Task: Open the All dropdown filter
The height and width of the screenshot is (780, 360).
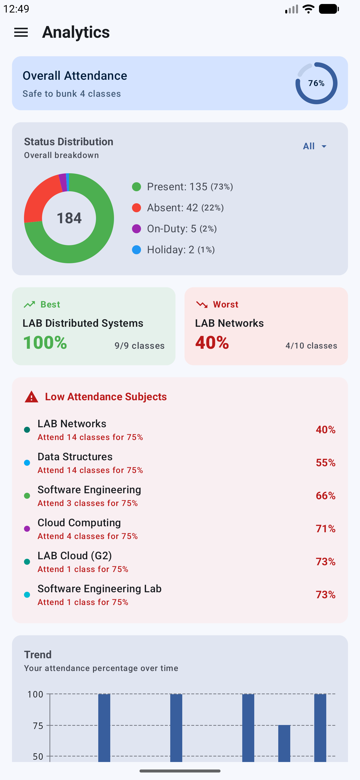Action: (x=314, y=146)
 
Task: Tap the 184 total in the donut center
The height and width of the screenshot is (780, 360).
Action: (x=69, y=218)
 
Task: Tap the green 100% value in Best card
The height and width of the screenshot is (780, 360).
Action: (x=45, y=343)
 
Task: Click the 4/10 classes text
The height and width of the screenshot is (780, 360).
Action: (x=311, y=346)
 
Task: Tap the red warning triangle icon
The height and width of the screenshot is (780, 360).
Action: (x=31, y=397)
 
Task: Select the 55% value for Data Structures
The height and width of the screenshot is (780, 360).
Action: (x=325, y=463)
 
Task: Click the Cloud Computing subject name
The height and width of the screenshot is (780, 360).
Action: (x=79, y=522)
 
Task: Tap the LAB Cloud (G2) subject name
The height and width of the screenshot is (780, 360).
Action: (x=74, y=556)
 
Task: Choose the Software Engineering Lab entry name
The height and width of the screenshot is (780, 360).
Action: (x=99, y=589)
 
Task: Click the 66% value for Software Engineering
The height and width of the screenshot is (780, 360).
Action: (x=325, y=496)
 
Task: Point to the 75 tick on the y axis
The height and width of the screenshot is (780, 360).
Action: (x=38, y=726)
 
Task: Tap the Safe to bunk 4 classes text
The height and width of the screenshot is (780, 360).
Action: (x=71, y=94)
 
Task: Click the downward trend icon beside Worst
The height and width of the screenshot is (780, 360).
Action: (x=202, y=304)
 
